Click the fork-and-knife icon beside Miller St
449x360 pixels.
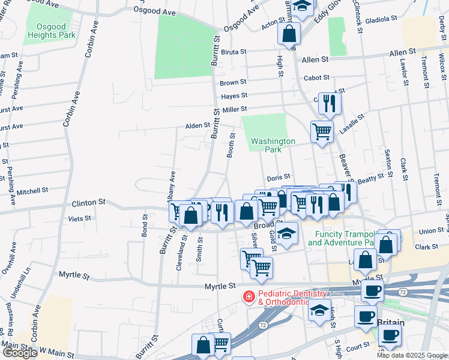(330, 103)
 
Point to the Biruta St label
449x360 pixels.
(234, 52)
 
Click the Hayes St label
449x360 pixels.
(234, 96)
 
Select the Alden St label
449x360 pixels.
(197, 126)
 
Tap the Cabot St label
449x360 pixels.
(316, 77)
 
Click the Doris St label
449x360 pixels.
(279, 178)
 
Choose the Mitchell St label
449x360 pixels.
(32, 191)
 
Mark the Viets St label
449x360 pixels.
(80, 218)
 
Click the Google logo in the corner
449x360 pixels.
(19, 353)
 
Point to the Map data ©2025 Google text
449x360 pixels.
(411, 355)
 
